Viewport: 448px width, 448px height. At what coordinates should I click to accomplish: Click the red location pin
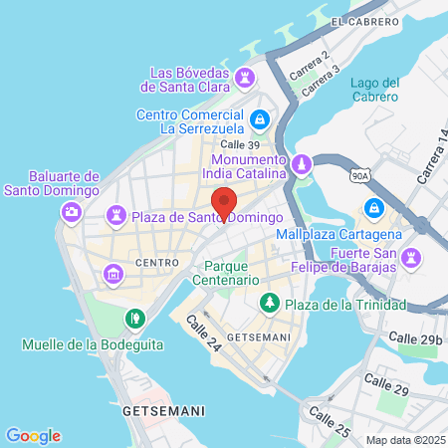pyautogui.click(x=224, y=203)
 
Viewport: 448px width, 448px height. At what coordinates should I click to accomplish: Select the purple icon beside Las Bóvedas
pyautogui.click(x=245, y=77)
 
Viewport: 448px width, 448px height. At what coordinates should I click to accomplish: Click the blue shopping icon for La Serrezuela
pyautogui.click(x=259, y=119)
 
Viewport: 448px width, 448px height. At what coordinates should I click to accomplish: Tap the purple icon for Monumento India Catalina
pyautogui.click(x=302, y=163)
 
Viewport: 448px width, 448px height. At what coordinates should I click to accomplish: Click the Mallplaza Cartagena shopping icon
pyautogui.click(x=374, y=208)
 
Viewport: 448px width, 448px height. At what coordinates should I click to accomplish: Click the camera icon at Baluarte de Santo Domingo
pyautogui.click(x=72, y=211)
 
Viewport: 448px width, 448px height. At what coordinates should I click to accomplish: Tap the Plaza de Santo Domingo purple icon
pyautogui.click(x=117, y=216)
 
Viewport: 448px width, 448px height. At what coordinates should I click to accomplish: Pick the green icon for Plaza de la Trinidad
pyautogui.click(x=268, y=303)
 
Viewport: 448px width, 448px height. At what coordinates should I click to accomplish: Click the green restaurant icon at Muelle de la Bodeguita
pyautogui.click(x=133, y=319)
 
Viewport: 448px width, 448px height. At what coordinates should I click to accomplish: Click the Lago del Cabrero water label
pyautogui.click(x=375, y=90)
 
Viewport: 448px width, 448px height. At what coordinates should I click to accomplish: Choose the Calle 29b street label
pyautogui.click(x=414, y=339)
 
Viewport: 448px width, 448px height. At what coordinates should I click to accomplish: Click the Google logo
pyautogui.click(x=33, y=435)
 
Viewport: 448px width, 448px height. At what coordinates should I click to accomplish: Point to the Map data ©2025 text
pyautogui.click(x=403, y=440)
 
